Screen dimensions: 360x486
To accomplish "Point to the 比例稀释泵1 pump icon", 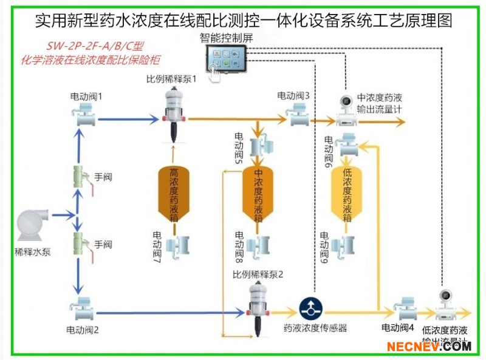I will (x=174, y=110).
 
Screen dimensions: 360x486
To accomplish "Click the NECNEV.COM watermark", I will (x=430, y=347).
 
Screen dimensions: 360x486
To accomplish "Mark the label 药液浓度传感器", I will (x=315, y=328).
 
